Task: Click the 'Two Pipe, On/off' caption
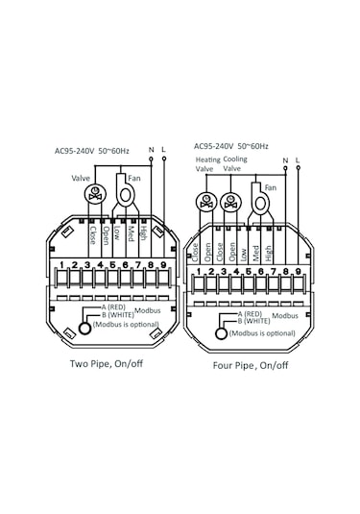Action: pyautogui.click(x=107, y=363)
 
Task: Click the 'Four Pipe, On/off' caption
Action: pyautogui.click(x=251, y=365)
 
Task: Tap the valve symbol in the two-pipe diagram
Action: pyautogui.click(x=95, y=194)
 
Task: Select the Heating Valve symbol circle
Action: pyautogui.click(x=206, y=203)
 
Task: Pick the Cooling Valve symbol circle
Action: pyautogui.click(x=231, y=203)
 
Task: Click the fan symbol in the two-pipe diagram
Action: pyautogui.click(x=125, y=190)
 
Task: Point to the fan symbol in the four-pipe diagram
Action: pyautogui.click(x=260, y=199)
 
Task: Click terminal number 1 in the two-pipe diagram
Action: pyautogui.click(x=61, y=265)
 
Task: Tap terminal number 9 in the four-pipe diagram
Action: pyautogui.click(x=298, y=272)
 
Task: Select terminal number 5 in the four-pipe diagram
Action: pyautogui.click(x=249, y=272)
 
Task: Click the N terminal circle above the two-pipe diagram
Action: pyautogui.click(x=151, y=159)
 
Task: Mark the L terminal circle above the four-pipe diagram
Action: pyautogui.click(x=299, y=167)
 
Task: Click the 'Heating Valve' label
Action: pyautogui.click(x=208, y=164)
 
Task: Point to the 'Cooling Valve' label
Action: pyautogui.click(x=235, y=163)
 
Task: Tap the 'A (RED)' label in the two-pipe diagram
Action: pyautogui.click(x=113, y=307)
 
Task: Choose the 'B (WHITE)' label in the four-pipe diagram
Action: pyautogui.click(x=253, y=321)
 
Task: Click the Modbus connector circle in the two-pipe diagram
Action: pyautogui.click(x=84, y=329)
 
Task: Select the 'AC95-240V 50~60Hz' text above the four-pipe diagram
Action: pyautogui.click(x=231, y=146)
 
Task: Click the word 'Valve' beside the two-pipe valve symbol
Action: pyautogui.click(x=81, y=179)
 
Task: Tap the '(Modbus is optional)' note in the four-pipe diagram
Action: pyautogui.click(x=262, y=333)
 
